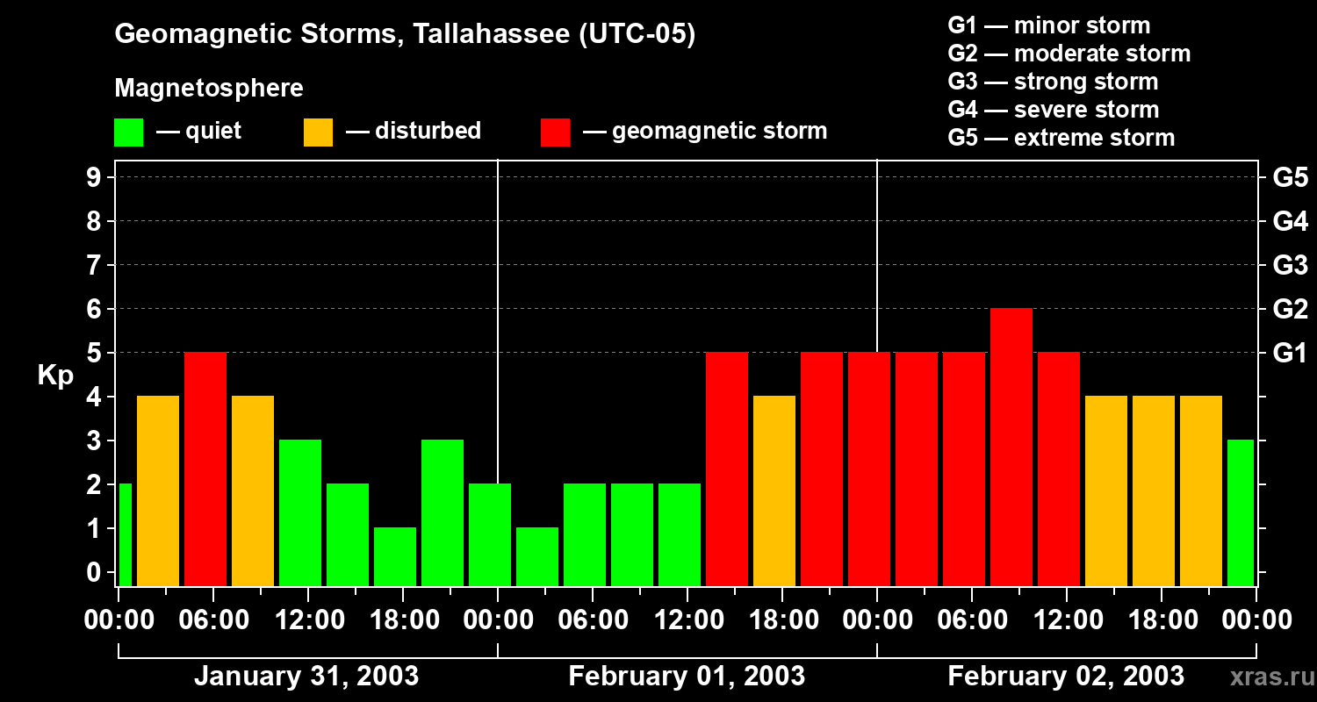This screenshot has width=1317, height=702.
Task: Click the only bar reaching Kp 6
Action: click(1011, 447)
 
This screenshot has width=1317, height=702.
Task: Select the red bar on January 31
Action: click(205, 469)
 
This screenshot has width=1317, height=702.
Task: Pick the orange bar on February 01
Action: click(774, 491)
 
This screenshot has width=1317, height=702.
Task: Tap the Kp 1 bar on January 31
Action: click(395, 556)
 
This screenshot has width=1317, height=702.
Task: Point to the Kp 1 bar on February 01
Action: click(537, 556)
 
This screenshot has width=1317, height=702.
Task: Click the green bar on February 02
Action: click(1240, 512)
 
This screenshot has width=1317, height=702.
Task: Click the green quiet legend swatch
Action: click(128, 132)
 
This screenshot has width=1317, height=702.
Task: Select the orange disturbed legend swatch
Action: click(318, 132)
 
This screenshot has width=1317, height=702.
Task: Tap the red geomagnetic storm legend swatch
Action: click(555, 132)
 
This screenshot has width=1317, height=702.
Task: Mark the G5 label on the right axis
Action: click(1290, 177)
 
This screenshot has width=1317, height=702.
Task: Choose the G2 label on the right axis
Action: click(1290, 309)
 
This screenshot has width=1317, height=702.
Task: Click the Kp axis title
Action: click(55, 375)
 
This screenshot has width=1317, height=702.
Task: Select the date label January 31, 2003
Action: click(306, 677)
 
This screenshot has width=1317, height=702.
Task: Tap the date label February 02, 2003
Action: click(1066, 677)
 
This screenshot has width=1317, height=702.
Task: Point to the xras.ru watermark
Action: click(1271, 677)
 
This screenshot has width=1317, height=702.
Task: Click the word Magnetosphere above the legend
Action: click(209, 89)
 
